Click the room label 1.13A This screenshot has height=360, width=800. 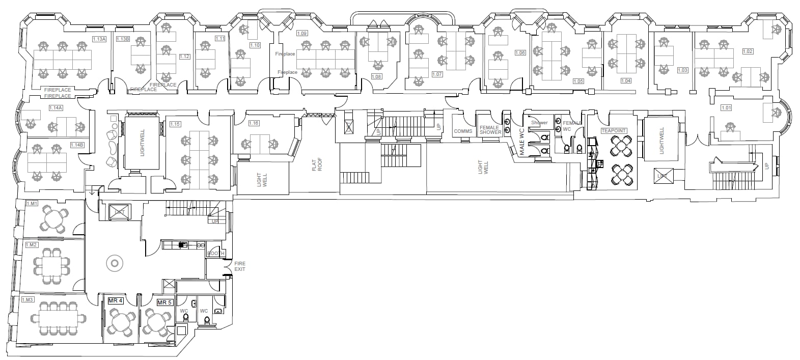point(99,39)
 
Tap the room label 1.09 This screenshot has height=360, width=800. point(301,33)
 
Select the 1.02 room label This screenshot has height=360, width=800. point(748,51)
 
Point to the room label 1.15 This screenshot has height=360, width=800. point(175,124)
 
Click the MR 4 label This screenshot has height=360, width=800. point(116,301)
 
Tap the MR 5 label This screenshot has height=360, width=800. point(164,302)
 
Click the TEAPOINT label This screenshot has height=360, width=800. point(613,131)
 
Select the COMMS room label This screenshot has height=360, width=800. point(463,131)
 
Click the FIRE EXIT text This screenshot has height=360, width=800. point(239,266)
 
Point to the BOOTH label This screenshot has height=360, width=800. point(215,253)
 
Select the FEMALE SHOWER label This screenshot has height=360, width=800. point(490,130)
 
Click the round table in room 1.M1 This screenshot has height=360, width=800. point(53,219)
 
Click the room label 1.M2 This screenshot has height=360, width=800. point(32,245)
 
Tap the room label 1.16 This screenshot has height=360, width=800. point(254,123)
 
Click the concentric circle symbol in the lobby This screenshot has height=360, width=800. point(114,263)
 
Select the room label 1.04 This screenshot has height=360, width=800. point(625,81)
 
